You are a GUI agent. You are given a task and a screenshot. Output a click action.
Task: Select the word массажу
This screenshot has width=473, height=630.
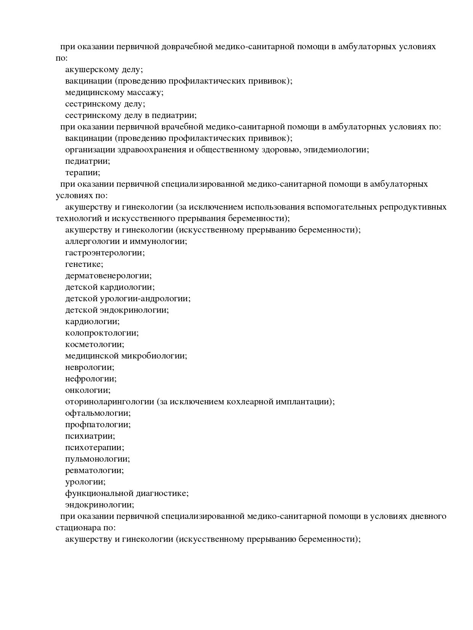(145, 92)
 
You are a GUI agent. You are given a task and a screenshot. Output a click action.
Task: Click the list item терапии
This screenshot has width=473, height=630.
(83, 173)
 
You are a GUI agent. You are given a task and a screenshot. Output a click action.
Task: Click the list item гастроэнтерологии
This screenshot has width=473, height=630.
(105, 253)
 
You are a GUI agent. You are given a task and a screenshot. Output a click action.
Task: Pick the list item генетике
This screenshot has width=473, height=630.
(84, 264)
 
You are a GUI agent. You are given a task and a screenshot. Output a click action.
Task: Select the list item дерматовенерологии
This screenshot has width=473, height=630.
(108, 276)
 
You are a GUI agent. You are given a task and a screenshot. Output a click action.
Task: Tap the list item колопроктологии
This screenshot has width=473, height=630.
(102, 333)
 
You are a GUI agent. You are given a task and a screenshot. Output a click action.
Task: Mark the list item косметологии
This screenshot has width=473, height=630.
(95, 344)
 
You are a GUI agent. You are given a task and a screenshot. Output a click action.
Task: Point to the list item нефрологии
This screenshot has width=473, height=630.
(91, 379)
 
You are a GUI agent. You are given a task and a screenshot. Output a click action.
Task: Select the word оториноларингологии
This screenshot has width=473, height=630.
(109, 402)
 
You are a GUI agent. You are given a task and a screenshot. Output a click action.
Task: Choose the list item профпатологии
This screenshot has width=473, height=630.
(98, 425)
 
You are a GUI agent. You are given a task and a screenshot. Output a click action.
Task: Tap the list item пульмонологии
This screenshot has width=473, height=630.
(98, 459)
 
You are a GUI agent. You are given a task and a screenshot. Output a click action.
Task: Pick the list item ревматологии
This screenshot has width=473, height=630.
(95, 470)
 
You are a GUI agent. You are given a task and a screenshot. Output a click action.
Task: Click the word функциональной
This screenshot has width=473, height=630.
(99, 493)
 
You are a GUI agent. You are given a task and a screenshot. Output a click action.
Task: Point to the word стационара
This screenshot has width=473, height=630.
(79, 528)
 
